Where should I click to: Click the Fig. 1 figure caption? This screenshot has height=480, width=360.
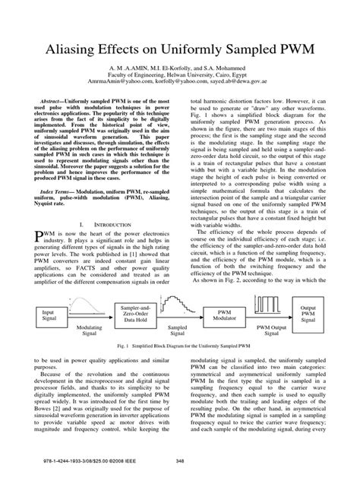tap(180, 346)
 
